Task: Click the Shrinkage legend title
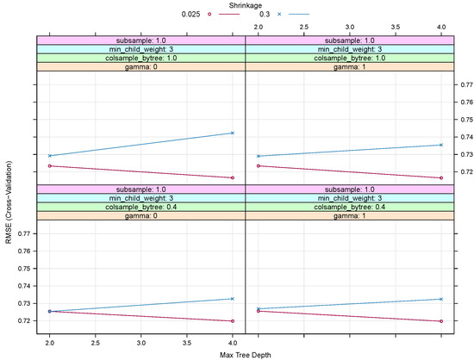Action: tap(245, 5)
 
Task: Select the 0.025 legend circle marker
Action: tap(209, 14)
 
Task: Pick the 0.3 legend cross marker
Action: tap(279, 14)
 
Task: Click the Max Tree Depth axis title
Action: tap(245, 355)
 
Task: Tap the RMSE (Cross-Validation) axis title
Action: tap(9, 202)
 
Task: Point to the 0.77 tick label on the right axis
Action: tap(467, 84)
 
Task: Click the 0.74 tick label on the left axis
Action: tap(24, 286)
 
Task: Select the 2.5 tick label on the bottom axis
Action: tap(95, 343)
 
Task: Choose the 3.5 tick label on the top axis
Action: tap(396, 27)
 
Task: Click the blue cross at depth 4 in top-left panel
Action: tap(233, 133)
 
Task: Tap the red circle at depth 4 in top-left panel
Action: tap(233, 178)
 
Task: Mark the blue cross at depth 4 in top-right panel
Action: tap(441, 145)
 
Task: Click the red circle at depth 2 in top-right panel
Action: tap(259, 166)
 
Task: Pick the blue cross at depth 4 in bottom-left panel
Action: tap(233, 299)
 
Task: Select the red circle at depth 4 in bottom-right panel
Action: tap(441, 321)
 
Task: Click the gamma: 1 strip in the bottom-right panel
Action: tap(349, 215)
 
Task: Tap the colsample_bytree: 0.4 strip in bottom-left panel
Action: tap(140, 207)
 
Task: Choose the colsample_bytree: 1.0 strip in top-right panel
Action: tap(349, 58)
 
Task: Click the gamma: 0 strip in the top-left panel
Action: tap(140, 66)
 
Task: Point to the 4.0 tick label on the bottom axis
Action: tap(233, 343)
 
